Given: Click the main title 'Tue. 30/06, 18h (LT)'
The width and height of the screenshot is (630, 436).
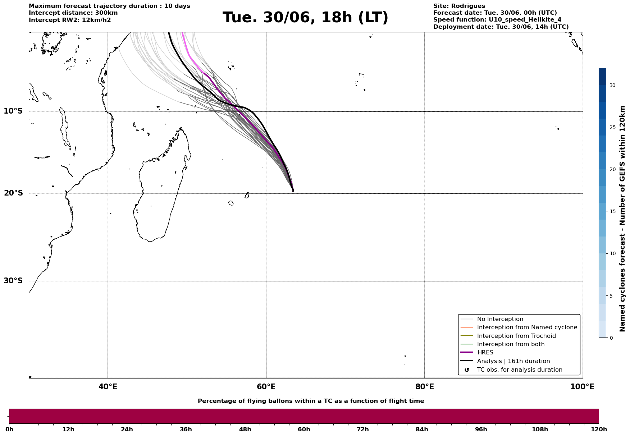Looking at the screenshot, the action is point(305,18).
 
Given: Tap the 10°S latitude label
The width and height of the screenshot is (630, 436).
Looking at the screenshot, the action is point(13,111).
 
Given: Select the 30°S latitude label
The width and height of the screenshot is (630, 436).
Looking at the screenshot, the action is point(13,281).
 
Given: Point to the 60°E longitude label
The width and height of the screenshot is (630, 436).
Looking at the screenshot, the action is point(266,387).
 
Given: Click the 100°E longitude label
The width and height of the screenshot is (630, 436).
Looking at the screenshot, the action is point(582,387).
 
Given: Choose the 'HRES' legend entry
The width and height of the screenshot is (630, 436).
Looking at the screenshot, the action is point(485,353).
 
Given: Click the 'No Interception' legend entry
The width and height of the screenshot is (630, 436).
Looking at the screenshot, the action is point(500,319).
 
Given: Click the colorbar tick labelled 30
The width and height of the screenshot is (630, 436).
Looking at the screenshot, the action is point(612,86).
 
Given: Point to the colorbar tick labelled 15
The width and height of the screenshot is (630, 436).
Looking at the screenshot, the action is point(612,212).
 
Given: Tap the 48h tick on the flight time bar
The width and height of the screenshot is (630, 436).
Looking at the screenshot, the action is point(245,429).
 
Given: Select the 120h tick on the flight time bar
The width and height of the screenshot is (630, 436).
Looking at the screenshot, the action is point(599,429).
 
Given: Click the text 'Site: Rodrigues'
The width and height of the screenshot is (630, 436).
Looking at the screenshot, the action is point(459,6).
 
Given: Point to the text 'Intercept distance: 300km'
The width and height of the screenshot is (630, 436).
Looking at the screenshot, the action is point(73,13).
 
